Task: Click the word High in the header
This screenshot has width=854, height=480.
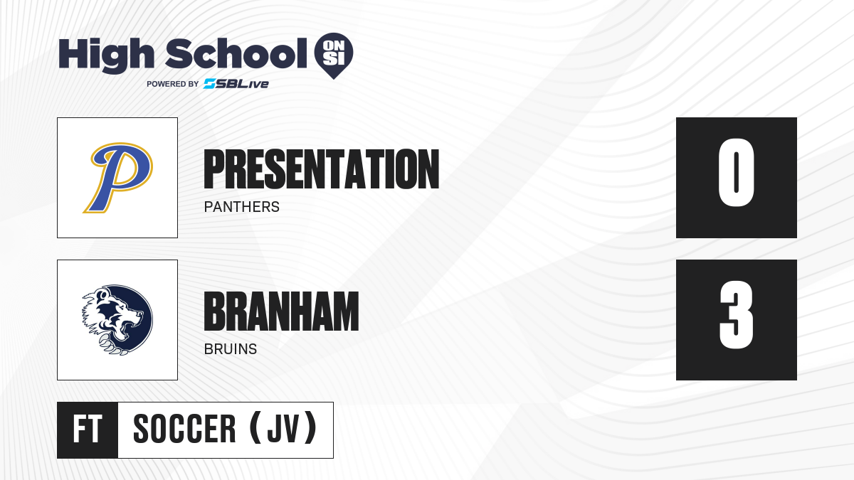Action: [x=106, y=55]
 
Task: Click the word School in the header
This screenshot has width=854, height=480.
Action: [x=236, y=54]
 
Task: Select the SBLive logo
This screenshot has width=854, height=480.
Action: [x=236, y=84]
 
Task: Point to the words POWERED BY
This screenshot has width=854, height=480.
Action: [x=172, y=84]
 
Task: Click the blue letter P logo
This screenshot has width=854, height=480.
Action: [x=118, y=178]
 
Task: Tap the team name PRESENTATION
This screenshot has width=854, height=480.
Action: [x=322, y=169]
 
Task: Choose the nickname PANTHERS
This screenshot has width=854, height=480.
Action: [x=242, y=207]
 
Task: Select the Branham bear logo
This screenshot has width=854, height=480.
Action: [x=117, y=320]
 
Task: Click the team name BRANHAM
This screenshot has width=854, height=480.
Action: [x=281, y=311]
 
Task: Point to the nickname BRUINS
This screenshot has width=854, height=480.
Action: [x=231, y=349]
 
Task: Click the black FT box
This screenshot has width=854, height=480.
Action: [x=88, y=430]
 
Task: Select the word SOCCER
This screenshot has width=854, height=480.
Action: [x=184, y=429]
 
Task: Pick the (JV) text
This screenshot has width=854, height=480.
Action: [x=283, y=428]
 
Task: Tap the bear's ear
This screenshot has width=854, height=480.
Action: [x=102, y=294]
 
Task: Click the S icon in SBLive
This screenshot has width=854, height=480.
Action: [x=209, y=84]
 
